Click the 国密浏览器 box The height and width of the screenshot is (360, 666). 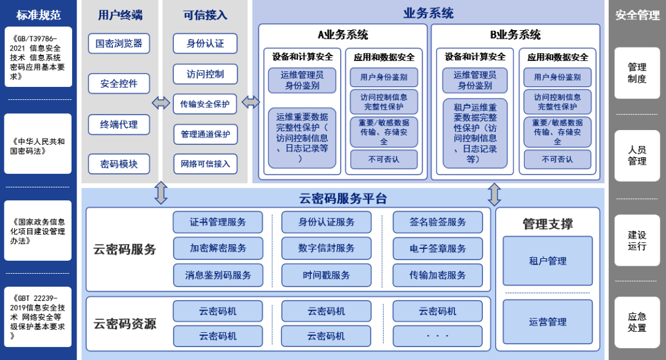[119, 43]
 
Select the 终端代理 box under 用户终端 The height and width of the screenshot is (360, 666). [119, 124]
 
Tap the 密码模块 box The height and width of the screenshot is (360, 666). [119, 164]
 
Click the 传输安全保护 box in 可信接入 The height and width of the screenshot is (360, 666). [205, 104]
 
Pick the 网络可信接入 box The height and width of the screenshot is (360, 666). [205, 163]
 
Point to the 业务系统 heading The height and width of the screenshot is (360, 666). [429, 13]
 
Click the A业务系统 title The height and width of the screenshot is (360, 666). [343, 35]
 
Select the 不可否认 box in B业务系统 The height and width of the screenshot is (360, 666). [557, 159]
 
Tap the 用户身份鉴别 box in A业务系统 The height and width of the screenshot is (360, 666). [384, 77]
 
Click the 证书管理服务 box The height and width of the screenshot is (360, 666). [218, 222]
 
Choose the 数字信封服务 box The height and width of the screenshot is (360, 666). [326, 248]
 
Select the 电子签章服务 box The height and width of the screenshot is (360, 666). [438, 248]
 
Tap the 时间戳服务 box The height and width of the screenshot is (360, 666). [326, 275]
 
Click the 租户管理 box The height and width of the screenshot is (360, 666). [548, 261]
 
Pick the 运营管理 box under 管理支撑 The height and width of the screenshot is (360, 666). [548, 322]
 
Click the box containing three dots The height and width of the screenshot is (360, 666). [438, 336]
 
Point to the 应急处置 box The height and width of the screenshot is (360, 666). [637, 322]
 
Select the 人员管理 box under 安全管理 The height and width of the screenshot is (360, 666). [637, 155]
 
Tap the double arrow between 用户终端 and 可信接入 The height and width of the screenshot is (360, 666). [161, 103]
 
